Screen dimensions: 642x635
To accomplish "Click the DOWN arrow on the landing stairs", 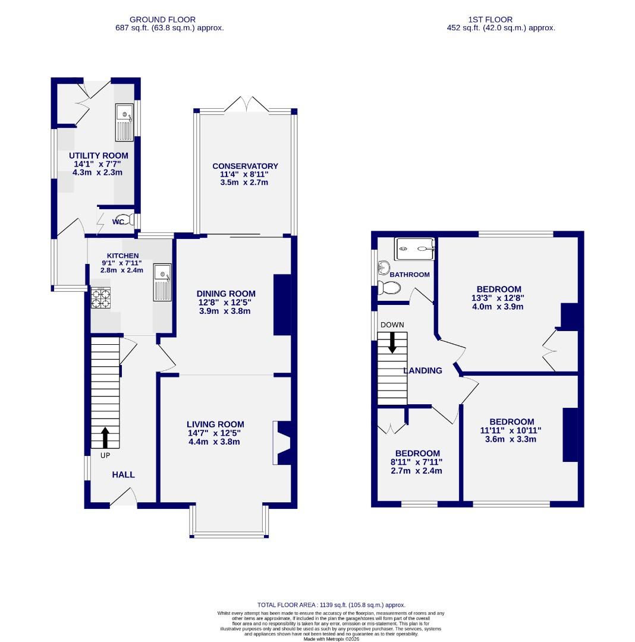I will (392, 342).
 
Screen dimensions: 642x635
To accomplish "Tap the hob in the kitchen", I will (100, 297).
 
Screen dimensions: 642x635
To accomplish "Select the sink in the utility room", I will (124, 122).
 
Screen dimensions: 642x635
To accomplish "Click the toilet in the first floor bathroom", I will (389, 288).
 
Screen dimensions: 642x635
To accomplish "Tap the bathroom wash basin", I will (381, 267).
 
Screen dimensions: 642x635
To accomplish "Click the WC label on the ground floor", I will (118, 222).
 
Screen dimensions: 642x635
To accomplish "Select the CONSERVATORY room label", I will (245, 166).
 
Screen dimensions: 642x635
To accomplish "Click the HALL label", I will (124, 474).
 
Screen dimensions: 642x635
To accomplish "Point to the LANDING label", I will (423, 370).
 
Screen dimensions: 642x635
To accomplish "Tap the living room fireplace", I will (282, 443).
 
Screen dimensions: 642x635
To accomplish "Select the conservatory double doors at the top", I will (245, 105).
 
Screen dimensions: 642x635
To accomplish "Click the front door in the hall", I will (124, 498).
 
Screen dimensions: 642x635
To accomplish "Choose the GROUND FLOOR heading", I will (162, 20).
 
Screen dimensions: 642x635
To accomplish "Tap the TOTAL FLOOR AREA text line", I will (331, 605).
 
